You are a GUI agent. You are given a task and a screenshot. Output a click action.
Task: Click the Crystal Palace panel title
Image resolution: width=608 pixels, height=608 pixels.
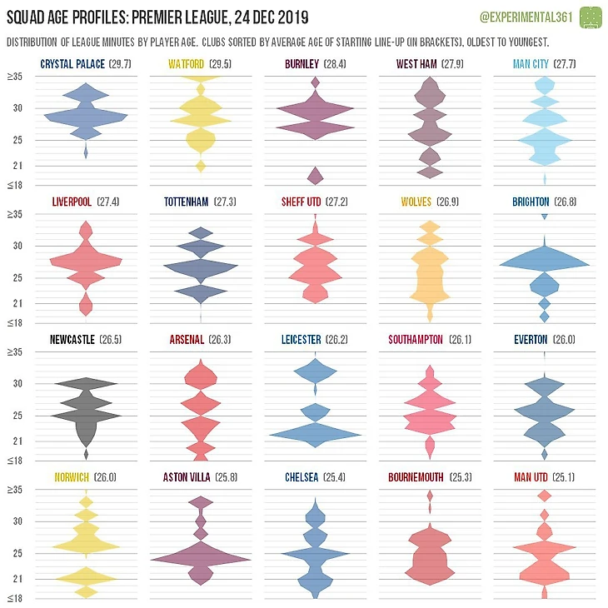click(84, 64)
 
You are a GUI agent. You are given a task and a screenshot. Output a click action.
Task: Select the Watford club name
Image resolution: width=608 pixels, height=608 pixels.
click(187, 64)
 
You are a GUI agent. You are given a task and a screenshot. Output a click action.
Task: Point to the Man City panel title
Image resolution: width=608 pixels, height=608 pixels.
click(545, 64)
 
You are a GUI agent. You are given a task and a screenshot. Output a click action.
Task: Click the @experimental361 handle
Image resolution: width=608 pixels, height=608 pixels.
click(526, 16)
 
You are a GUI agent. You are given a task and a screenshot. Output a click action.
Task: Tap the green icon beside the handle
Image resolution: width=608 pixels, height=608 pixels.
click(590, 16)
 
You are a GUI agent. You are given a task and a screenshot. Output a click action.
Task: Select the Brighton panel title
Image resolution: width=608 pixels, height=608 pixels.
click(543, 202)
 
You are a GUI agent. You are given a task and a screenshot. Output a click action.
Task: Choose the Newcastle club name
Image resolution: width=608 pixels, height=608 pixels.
click(72, 340)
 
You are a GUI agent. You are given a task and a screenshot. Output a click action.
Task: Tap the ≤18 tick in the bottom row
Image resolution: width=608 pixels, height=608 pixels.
click(16, 598)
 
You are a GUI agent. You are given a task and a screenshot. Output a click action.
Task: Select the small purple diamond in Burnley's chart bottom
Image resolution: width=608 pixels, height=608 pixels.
click(315, 175)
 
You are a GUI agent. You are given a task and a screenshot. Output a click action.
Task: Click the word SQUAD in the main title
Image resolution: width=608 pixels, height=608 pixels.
click(28, 16)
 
